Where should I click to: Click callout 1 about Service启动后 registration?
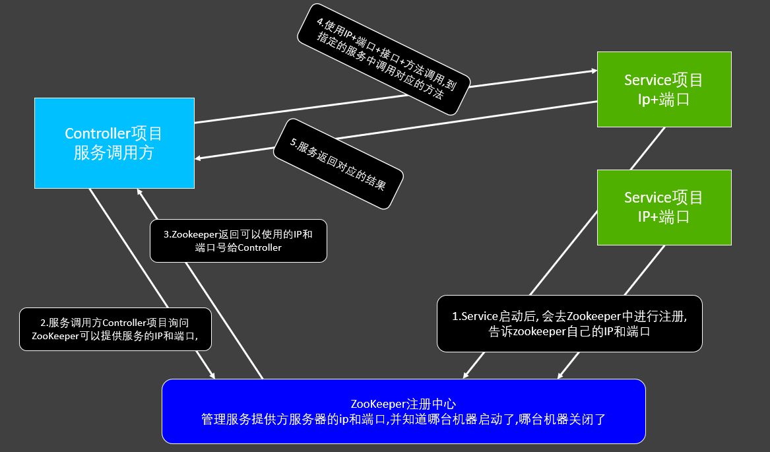click(569, 323)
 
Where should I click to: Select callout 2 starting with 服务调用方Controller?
click(115, 329)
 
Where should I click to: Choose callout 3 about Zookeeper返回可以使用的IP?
click(238, 240)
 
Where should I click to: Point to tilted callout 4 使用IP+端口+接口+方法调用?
click(383, 59)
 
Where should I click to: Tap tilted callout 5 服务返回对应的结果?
click(338, 164)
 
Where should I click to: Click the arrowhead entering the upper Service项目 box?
click(593, 71)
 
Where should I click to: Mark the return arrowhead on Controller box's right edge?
click(199, 158)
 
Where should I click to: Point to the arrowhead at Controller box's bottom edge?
click(139, 191)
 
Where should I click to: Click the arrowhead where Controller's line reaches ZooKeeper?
click(212, 375)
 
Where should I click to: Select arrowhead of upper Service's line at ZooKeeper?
click(465, 375)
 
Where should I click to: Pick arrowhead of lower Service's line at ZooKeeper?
click(560, 375)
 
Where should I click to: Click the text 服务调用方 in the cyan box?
click(113, 153)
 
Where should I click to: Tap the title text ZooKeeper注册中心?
click(403, 403)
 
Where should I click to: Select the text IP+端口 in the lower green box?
click(664, 216)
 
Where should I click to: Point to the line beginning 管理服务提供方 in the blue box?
click(403, 418)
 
